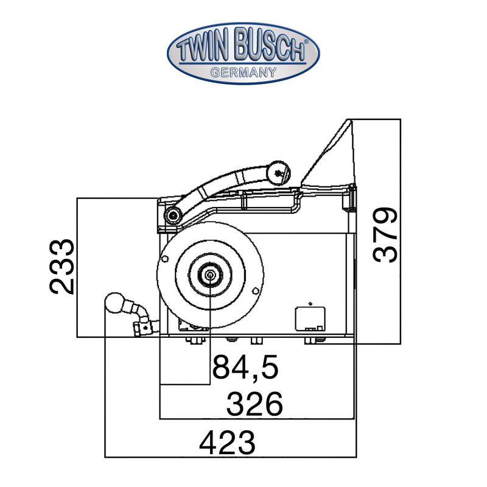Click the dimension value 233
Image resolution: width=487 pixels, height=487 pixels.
(x=62, y=267)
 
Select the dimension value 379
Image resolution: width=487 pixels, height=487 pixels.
(x=385, y=235)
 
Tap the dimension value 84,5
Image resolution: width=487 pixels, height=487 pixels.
(x=245, y=367)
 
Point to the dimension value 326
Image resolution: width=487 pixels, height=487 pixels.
(x=254, y=404)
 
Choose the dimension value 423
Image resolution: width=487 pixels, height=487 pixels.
(x=227, y=443)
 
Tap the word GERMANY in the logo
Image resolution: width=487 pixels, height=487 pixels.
(x=243, y=72)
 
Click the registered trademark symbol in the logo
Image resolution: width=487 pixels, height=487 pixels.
(x=306, y=41)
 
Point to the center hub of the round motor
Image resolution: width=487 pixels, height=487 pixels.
(x=210, y=275)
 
